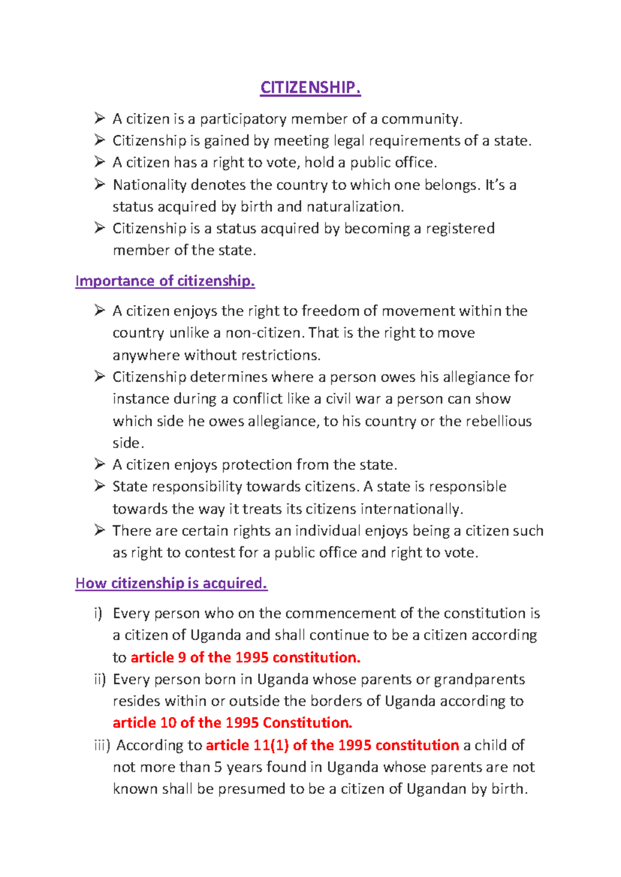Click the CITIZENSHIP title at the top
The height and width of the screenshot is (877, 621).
[310, 87]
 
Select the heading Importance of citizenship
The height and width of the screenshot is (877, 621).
[165, 281]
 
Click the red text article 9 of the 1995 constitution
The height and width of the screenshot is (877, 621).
[245, 657]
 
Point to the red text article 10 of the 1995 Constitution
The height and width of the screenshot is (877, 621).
[232, 722]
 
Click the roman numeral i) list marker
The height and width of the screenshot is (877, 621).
[98, 613]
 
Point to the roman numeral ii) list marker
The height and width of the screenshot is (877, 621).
[99, 679]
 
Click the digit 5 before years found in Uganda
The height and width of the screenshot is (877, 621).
[218, 767]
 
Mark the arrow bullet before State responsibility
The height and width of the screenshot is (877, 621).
[100, 486]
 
